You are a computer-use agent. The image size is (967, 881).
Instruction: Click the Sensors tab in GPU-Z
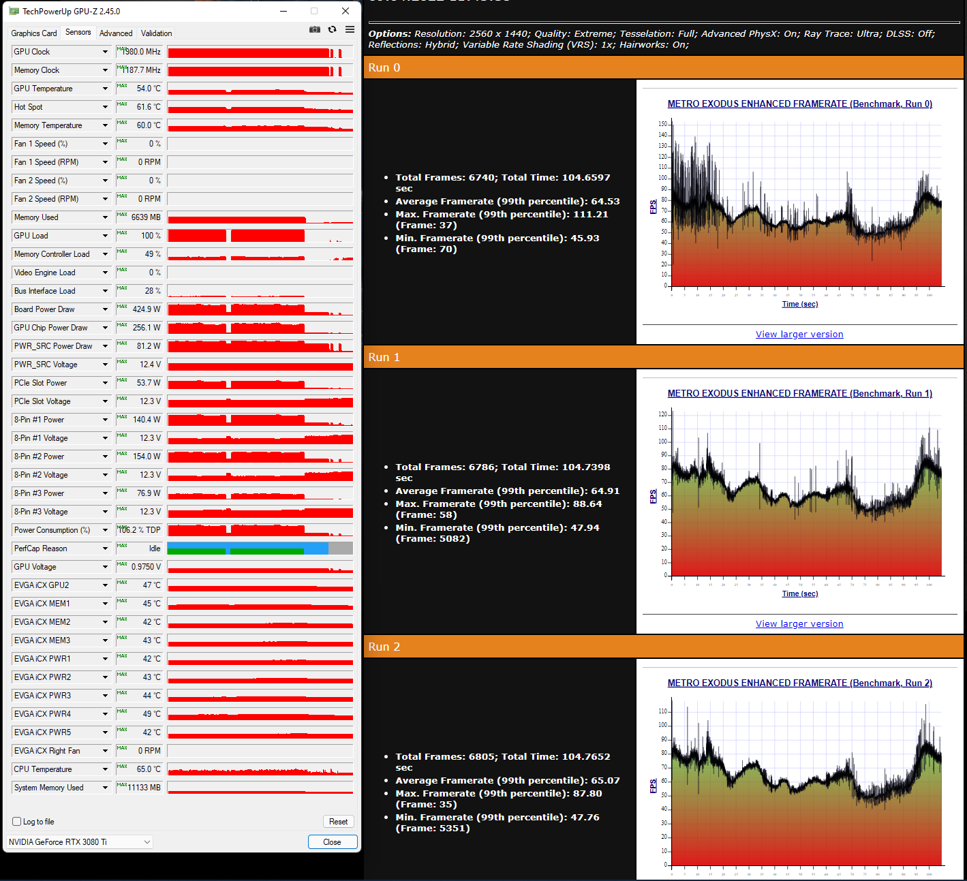click(x=78, y=33)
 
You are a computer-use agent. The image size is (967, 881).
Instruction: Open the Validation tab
click(x=156, y=33)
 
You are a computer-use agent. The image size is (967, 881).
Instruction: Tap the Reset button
click(x=338, y=822)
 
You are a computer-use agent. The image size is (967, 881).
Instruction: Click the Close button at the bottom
click(x=332, y=842)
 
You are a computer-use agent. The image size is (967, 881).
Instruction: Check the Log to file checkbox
click(x=17, y=822)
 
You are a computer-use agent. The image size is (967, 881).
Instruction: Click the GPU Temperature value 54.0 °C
click(x=148, y=89)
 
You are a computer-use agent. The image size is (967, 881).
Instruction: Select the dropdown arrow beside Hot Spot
click(x=106, y=107)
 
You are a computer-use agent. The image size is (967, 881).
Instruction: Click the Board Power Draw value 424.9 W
click(x=146, y=309)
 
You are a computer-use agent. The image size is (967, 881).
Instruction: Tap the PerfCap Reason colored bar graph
click(x=260, y=548)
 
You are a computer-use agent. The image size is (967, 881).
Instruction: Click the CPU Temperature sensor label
click(x=43, y=769)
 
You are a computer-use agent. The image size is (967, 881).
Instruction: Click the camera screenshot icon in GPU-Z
click(x=315, y=29)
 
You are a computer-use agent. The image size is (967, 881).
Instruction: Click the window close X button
click(x=346, y=11)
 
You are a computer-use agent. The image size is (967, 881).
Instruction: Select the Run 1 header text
click(x=384, y=357)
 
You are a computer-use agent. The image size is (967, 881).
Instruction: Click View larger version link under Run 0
click(x=799, y=335)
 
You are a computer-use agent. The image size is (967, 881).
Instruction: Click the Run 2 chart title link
click(x=799, y=683)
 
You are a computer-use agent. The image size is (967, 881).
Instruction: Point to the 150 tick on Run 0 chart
click(x=662, y=124)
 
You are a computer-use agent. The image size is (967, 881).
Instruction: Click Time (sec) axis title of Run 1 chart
click(x=799, y=593)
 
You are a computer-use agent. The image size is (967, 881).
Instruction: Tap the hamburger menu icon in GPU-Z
click(x=350, y=29)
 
